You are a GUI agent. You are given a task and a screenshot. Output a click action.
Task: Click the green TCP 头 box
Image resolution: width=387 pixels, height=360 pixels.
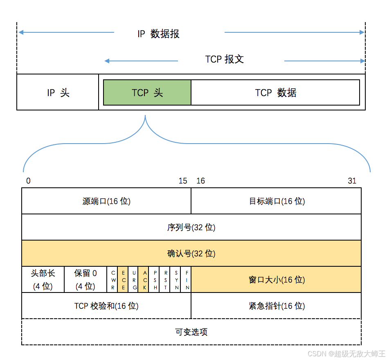pyautogui.click(x=147, y=92)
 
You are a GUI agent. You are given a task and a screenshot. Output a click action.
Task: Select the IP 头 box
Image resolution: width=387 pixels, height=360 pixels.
pyautogui.click(x=58, y=92)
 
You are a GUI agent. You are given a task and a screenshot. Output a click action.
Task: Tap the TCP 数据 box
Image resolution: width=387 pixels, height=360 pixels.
pyautogui.click(x=275, y=92)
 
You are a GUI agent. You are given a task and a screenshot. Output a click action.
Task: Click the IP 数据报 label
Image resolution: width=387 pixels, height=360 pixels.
pyautogui.click(x=158, y=34)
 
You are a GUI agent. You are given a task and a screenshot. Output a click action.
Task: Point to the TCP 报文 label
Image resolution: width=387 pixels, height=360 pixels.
pyautogui.click(x=224, y=59)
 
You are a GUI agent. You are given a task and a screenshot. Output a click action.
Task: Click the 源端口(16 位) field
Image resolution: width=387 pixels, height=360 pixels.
pyautogui.click(x=106, y=201)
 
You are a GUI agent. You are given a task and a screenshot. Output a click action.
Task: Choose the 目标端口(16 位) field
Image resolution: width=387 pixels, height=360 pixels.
pyautogui.click(x=277, y=201)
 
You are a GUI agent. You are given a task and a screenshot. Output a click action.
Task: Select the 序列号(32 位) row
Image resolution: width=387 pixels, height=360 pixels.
pyautogui.click(x=191, y=227)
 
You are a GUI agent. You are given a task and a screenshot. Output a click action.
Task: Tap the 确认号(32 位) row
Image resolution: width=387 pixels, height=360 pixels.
pyautogui.click(x=191, y=253)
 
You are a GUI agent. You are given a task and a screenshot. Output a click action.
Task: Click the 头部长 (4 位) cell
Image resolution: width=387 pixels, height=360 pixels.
pyautogui.click(x=43, y=279)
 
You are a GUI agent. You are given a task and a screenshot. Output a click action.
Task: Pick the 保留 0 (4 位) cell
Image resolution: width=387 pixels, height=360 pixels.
pyautogui.click(x=85, y=279)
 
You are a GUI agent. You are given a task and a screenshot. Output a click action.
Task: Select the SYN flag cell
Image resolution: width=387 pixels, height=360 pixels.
pyautogui.click(x=176, y=279)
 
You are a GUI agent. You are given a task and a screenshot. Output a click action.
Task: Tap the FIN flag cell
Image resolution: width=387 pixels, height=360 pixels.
pyautogui.click(x=187, y=279)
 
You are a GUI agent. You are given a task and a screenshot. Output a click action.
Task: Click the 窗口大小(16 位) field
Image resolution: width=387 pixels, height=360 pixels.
pyautogui.click(x=277, y=279)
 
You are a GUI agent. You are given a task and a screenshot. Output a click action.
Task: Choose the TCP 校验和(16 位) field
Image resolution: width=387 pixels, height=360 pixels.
pyautogui.click(x=106, y=306)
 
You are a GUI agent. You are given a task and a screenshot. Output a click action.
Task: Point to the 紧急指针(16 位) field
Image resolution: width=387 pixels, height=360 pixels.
pyautogui.click(x=277, y=306)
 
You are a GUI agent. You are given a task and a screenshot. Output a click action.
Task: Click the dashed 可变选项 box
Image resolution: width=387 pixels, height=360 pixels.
pyautogui.click(x=191, y=332)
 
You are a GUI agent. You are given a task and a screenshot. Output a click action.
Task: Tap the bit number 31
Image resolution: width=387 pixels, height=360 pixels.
pyautogui.click(x=352, y=181)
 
